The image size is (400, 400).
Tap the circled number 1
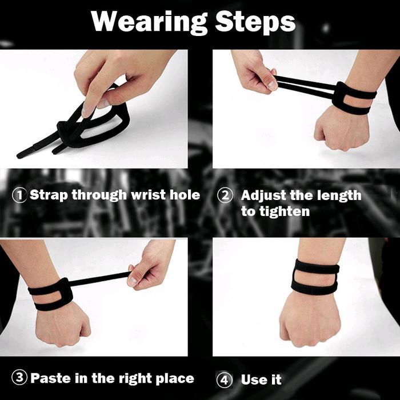(19, 195)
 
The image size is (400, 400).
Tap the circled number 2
(225, 195)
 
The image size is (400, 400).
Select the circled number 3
(19, 378)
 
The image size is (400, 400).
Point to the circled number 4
(225, 380)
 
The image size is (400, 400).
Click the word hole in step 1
(183, 195)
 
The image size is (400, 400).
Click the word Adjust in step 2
(264, 195)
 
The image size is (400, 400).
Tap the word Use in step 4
(253, 380)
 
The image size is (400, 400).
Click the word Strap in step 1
(48, 195)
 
